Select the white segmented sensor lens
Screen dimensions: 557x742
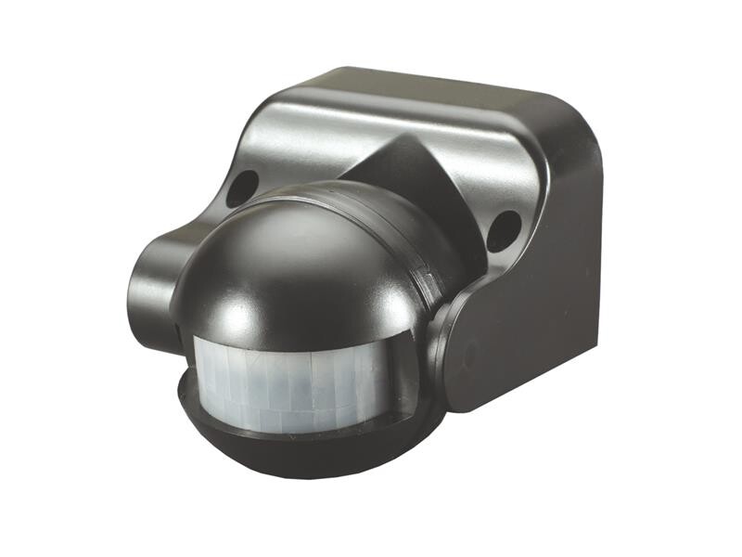pyautogui.click(x=297, y=382)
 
